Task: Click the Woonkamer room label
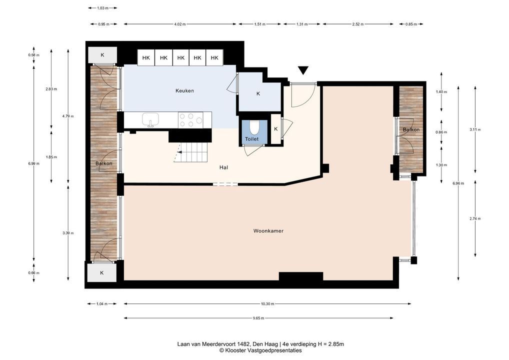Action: click(268, 231)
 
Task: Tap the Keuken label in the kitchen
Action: click(184, 91)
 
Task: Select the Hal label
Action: click(223, 167)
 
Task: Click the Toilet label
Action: click(252, 139)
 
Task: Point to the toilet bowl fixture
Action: click(254, 127)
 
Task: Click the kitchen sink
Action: click(150, 120)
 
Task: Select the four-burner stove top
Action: click(191, 120)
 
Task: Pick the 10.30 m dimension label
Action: click(267, 304)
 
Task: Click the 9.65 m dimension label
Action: click(258, 318)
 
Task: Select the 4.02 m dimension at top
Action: click(180, 24)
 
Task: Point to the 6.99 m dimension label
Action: click(34, 163)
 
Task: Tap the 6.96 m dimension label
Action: click(458, 183)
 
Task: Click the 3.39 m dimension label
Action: click(68, 233)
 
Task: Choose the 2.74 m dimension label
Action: click(475, 219)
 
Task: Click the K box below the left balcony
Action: click(102, 272)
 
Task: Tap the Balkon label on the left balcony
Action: click(104, 163)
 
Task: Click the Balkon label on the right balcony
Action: click(411, 130)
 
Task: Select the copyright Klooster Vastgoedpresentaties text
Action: click(260, 350)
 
